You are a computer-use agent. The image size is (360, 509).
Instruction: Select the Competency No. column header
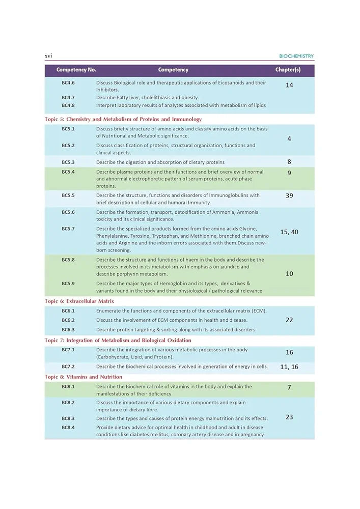(x=76, y=70)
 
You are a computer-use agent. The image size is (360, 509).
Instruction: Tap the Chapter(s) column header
(x=288, y=70)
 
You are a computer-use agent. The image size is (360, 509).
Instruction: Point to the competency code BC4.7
(x=68, y=97)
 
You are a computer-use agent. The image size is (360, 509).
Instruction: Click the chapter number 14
(x=289, y=85)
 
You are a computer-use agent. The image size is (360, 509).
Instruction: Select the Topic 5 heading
(x=123, y=119)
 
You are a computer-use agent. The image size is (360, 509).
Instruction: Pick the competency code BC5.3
(x=68, y=162)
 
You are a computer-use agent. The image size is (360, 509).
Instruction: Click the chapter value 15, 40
(x=289, y=232)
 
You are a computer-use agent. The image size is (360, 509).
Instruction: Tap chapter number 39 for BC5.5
(x=289, y=195)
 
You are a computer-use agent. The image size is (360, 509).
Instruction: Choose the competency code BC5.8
(x=68, y=260)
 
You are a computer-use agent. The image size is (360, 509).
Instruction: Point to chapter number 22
(x=289, y=320)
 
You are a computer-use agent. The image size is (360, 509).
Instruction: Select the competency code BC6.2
(x=68, y=320)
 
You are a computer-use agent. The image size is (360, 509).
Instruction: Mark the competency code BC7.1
(x=68, y=350)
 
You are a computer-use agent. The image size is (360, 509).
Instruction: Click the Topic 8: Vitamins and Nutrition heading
(x=84, y=377)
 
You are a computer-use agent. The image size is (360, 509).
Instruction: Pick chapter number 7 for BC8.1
(x=289, y=387)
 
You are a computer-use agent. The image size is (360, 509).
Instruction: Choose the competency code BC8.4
(x=68, y=427)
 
